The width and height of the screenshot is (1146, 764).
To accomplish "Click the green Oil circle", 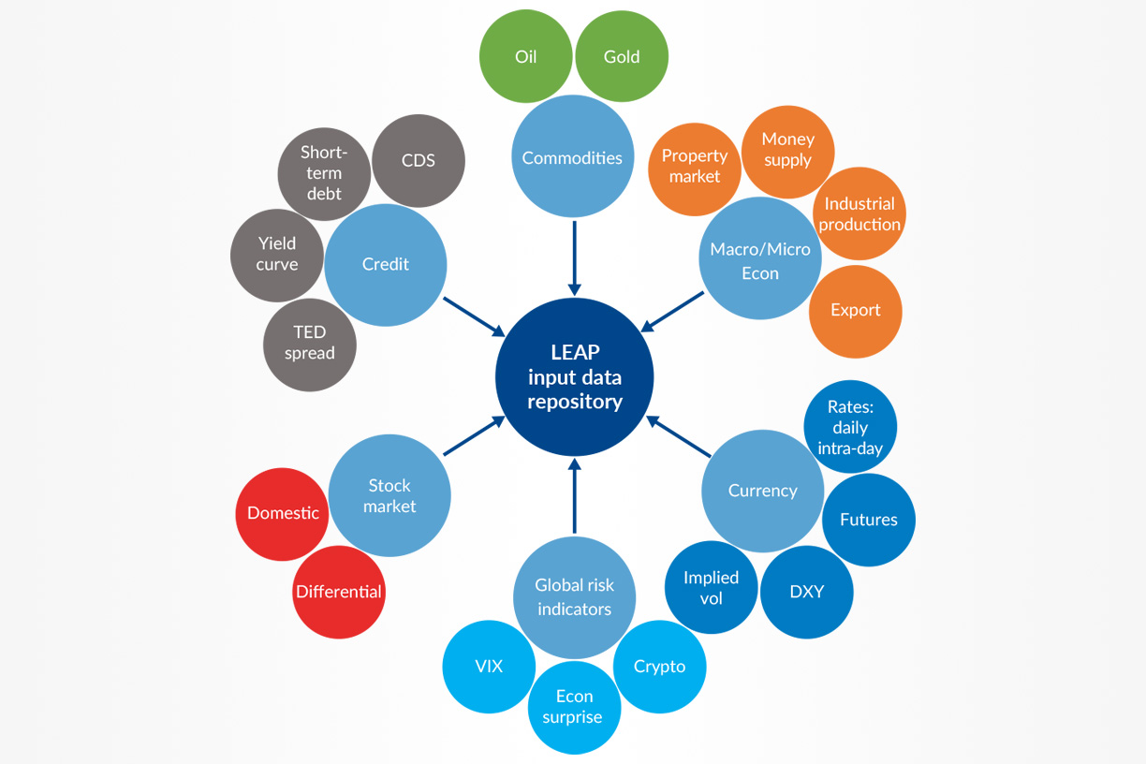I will (x=525, y=56).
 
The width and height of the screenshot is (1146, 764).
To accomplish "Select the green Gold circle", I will (x=622, y=56).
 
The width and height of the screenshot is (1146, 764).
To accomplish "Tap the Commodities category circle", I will (x=572, y=156).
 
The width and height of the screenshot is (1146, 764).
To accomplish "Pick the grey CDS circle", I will (x=419, y=160).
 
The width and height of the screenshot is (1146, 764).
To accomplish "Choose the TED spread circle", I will (x=309, y=344).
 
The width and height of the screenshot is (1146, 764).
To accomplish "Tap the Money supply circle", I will (x=788, y=150).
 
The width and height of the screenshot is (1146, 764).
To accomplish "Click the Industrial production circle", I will (x=859, y=213).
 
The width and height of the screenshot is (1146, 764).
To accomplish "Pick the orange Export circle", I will (x=856, y=311).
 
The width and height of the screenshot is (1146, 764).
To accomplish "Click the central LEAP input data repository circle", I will (x=574, y=377).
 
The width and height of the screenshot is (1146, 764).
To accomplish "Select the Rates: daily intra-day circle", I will (x=850, y=427).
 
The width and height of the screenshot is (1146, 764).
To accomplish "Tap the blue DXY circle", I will (x=807, y=592).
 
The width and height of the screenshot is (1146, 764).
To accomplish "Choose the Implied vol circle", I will (x=711, y=588).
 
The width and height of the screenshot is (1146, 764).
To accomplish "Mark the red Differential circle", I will (x=338, y=593).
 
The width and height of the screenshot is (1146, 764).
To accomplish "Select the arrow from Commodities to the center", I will (x=574, y=257).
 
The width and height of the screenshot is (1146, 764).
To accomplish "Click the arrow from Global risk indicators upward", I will (x=574, y=496).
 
